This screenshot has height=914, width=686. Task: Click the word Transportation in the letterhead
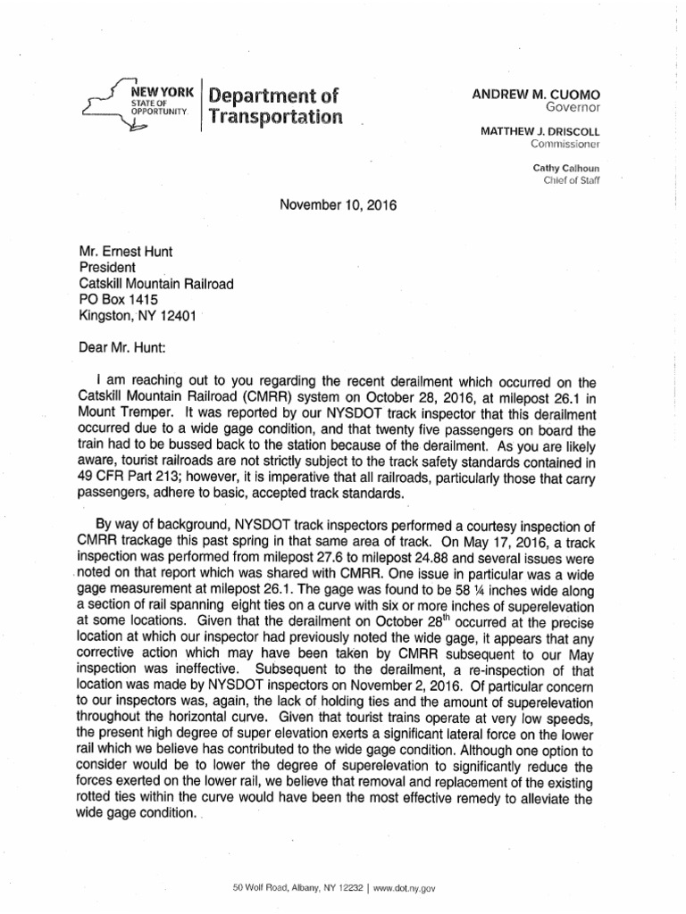coord(275,118)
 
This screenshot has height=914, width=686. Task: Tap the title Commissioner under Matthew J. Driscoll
coord(561,144)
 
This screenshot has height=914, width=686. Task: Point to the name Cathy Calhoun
coord(565,167)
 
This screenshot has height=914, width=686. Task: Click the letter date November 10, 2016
coord(339,204)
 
